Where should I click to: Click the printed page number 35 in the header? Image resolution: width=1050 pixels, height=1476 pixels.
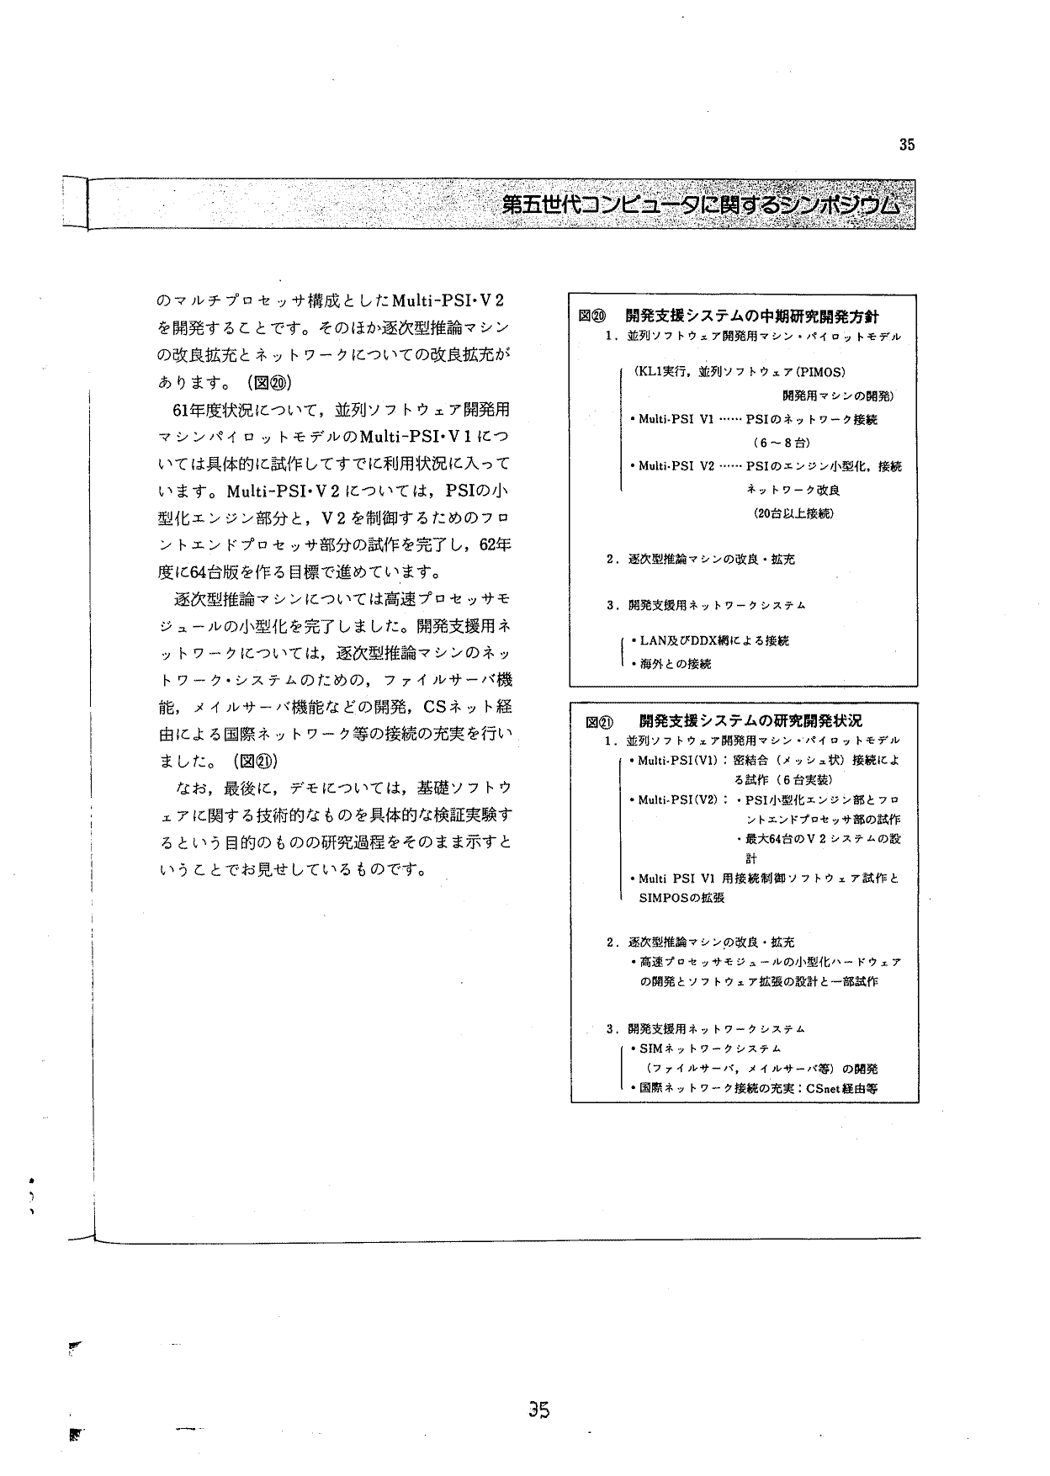pyautogui.click(x=906, y=145)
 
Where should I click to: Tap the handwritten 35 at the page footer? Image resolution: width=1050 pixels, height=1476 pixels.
pyautogui.click(x=539, y=1410)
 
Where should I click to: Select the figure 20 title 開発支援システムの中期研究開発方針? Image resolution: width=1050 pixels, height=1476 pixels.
pyautogui.click(x=752, y=316)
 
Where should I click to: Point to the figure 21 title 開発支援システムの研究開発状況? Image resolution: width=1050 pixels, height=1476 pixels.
pyautogui.click(x=750, y=721)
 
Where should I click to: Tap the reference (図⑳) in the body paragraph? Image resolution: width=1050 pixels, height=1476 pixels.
pyautogui.click(x=269, y=382)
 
